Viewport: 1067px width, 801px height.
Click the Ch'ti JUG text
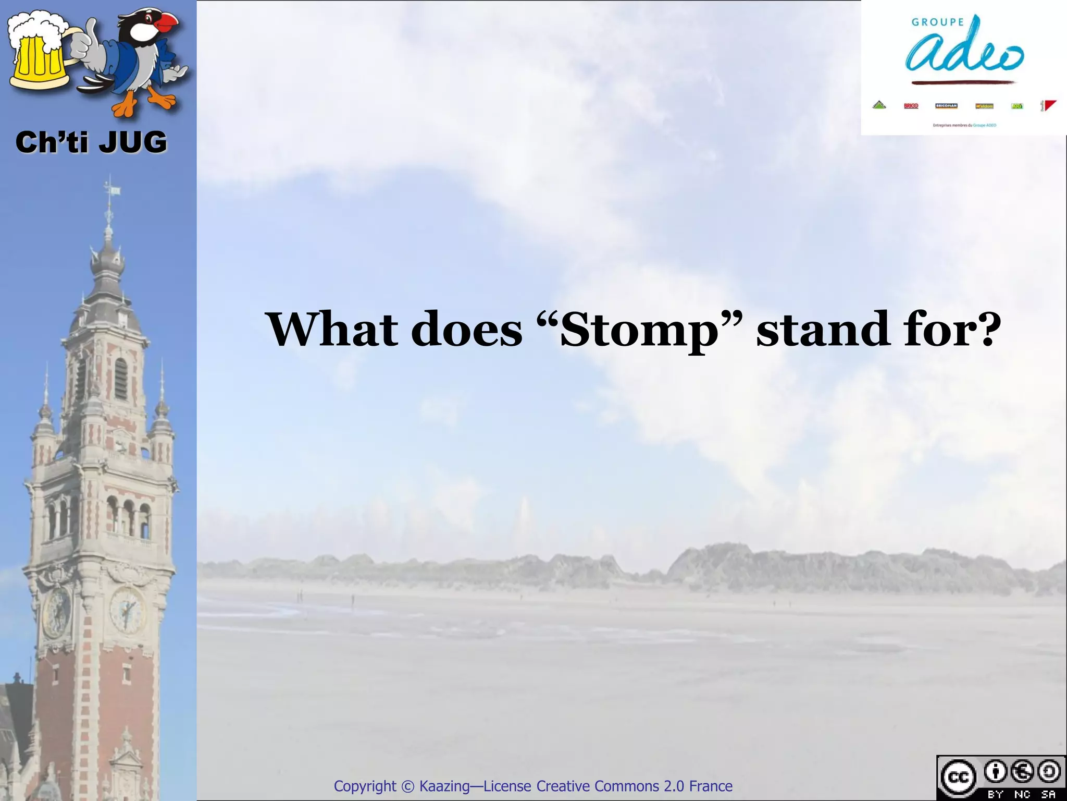[91, 142]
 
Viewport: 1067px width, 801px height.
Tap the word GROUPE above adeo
[938, 22]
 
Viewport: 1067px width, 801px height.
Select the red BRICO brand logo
[911, 106]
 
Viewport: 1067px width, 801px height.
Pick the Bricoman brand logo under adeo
[946, 106]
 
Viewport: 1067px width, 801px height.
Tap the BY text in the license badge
[996, 794]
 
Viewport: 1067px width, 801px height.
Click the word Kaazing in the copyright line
[444, 786]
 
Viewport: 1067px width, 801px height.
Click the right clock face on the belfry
[127, 609]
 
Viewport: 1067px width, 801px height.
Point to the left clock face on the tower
[56, 613]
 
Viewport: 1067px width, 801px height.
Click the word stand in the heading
[823, 329]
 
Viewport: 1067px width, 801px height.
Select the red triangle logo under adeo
[1048, 106]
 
